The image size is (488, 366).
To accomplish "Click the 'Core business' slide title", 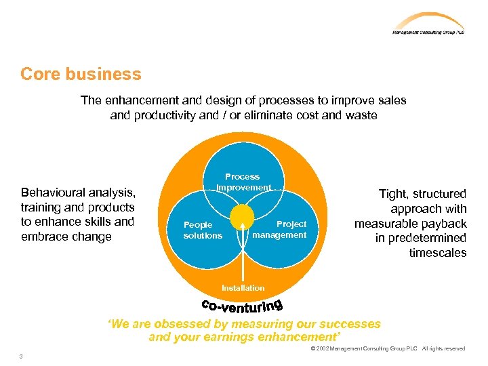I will click(x=81, y=74).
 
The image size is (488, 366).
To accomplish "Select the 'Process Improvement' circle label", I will click(x=243, y=182).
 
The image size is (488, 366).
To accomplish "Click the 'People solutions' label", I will click(x=202, y=230).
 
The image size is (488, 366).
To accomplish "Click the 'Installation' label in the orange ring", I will click(x=243, y=288).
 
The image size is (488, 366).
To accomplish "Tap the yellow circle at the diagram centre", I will click(x=242, y=217).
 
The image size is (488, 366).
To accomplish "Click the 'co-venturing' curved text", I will click(x=243, y=306).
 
